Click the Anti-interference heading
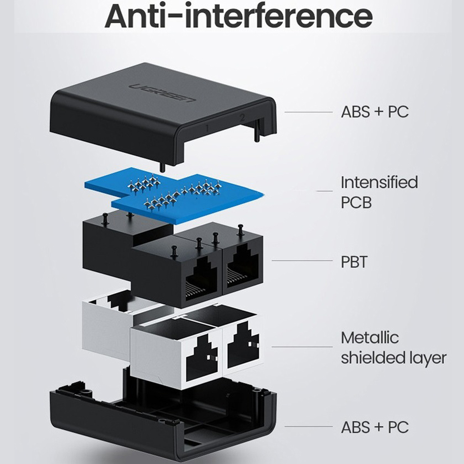coord(238,16)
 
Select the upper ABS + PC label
coord(374,112)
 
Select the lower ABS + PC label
coord(374,427)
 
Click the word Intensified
coord(379,182)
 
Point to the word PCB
coord(356,203)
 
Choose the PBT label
coord(354,262)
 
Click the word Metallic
coord(369,338)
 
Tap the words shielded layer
coord(393,358)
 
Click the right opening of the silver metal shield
coord(243,346)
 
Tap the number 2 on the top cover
coord(242,117)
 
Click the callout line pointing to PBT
coord(302,260)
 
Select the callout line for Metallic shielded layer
coord(302,347)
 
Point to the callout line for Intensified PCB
coord(324,191)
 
